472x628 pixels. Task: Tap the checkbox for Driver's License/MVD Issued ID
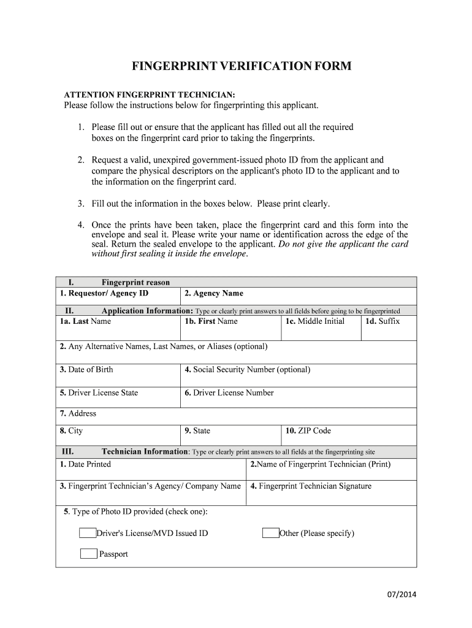(88, 533)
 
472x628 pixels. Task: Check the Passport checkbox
(89, 554)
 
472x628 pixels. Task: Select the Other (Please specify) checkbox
(270, 533)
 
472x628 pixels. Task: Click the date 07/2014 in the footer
(402, 595)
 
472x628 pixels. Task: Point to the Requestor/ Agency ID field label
(104, 293)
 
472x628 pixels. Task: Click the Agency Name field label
(214, 293)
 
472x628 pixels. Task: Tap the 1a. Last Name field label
(85, 321)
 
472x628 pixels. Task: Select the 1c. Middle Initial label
(314, 321)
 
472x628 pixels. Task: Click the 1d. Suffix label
(383, 321)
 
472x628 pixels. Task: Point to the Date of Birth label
(86, 369)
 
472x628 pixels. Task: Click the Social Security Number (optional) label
(247, 369)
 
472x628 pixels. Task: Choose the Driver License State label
(99, 392)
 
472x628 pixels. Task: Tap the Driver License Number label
(229, 392)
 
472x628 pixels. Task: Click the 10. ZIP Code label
(308, 431)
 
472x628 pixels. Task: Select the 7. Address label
(78, 413)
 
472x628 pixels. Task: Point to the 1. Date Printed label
(85, 464)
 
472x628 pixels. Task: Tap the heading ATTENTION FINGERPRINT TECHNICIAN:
(150, 94)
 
